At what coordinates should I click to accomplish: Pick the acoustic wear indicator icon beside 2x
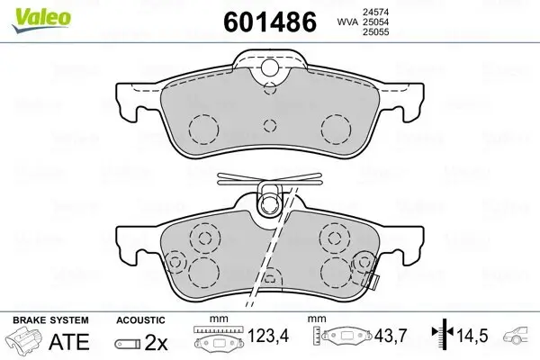click(130, 342)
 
